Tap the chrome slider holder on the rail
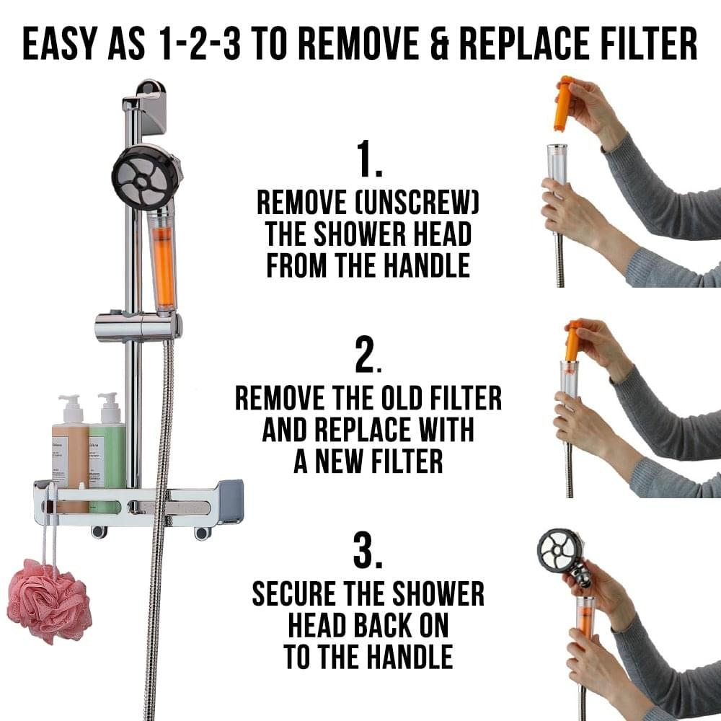[x=138, y=327]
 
